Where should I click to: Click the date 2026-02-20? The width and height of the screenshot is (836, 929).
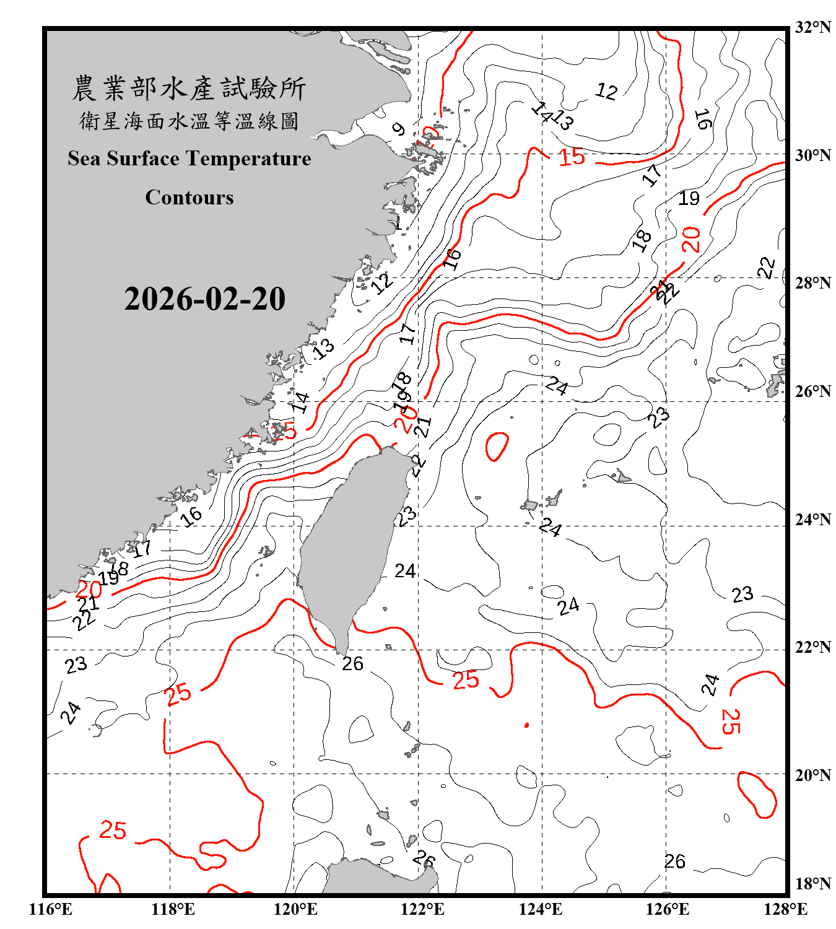point(204,299)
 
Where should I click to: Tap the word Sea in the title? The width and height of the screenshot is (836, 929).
point(85,159)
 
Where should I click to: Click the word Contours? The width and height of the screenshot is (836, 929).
point(189,198)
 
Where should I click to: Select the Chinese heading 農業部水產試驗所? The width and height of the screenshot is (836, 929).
point(189,89)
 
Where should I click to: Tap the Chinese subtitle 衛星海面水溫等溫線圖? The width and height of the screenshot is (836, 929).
point(189,121)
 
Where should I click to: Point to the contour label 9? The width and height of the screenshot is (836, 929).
point(399,129)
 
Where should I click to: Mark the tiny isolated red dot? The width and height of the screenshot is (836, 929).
point(526,725)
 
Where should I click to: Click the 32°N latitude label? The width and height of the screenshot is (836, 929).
point(812,27)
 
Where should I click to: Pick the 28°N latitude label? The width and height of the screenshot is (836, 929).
point(812,283)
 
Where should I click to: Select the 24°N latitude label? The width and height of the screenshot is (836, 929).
point(812,520)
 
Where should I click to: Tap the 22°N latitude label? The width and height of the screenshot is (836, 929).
point(812,647)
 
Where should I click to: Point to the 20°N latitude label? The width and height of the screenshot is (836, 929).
point(812,775)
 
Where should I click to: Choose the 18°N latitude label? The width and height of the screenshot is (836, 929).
point(812,884)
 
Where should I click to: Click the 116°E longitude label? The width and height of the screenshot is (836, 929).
point(51,909)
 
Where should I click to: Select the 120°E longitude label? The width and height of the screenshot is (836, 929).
point(295,909)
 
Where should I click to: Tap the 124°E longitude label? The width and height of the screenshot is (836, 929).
point(541,909)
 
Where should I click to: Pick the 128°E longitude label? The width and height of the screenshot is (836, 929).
point(785,909)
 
